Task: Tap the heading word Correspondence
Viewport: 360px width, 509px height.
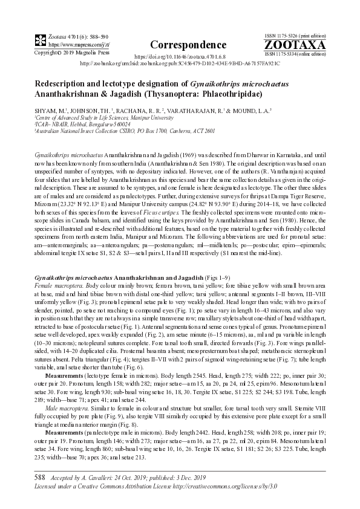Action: pos(180,45)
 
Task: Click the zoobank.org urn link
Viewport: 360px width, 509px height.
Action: pos(180,62)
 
